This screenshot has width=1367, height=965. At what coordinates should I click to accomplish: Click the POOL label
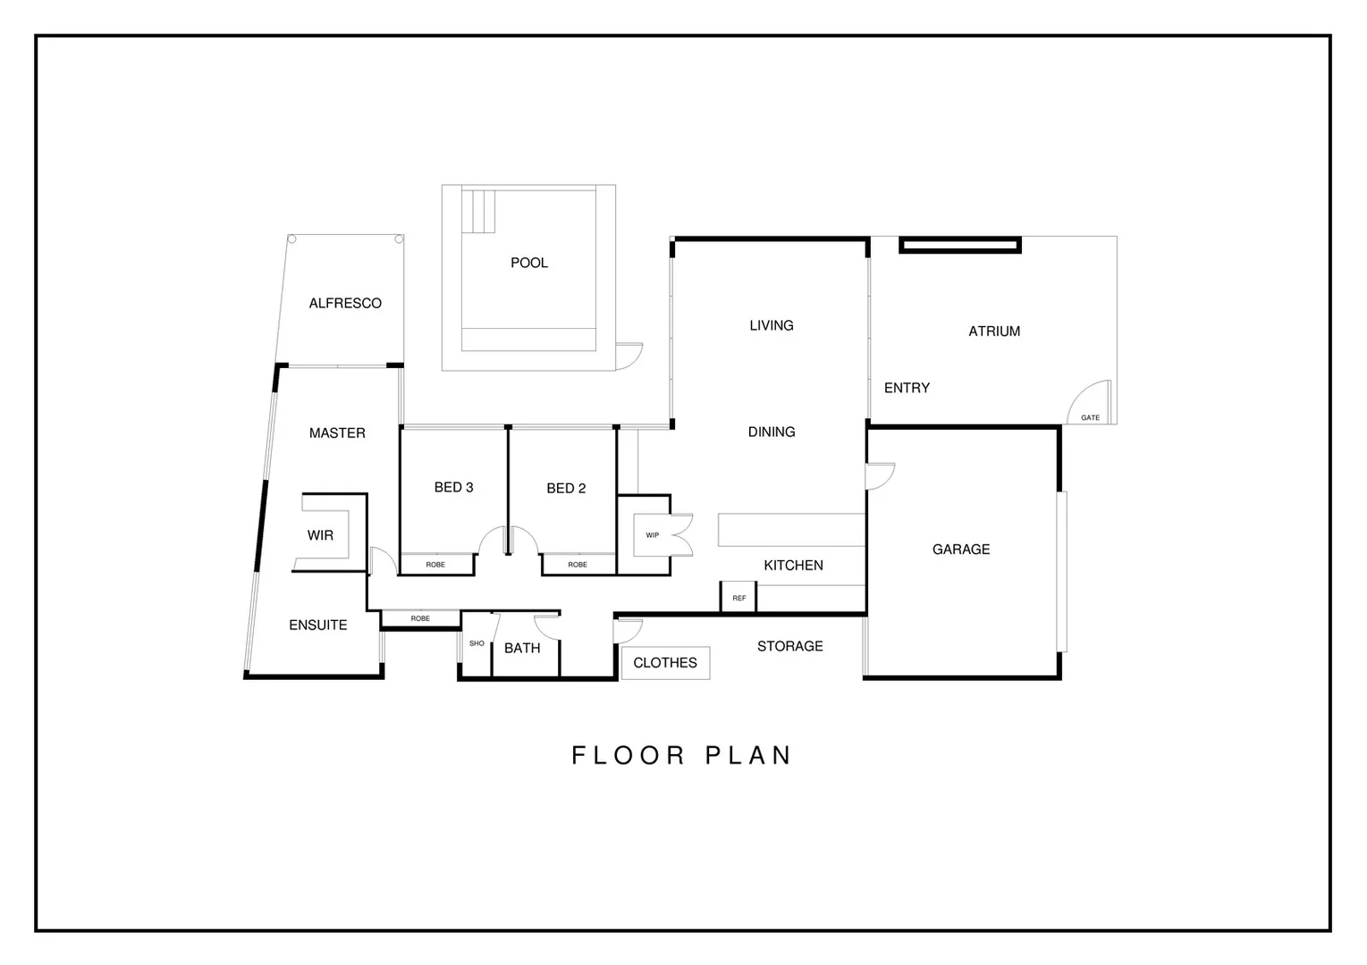pos(528,263)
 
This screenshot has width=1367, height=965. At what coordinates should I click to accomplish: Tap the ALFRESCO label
pos(345,303)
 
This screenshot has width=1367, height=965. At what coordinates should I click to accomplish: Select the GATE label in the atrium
pos(1090,417)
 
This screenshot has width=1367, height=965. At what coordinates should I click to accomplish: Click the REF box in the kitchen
pos(738,598)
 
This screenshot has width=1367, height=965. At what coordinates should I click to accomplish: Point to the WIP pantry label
pos(652,535)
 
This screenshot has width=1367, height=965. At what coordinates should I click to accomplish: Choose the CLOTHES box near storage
pos(665,663)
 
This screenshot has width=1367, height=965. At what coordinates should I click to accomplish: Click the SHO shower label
pos(477,643)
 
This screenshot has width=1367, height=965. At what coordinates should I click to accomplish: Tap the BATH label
pos(522,648)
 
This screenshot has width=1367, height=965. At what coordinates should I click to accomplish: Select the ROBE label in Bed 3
pos(435,565)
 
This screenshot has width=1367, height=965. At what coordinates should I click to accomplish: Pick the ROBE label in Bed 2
pos(578,565)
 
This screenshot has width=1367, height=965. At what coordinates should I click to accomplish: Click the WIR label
pos(320,535)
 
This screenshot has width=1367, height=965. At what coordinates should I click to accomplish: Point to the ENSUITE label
pos(318,625)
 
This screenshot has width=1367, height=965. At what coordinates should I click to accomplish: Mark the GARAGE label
pos(961,550)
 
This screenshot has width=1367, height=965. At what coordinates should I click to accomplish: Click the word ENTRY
pos(907,388)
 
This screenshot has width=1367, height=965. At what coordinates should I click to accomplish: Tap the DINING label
pos(772,432)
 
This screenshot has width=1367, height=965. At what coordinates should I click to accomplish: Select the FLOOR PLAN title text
pos(682,755)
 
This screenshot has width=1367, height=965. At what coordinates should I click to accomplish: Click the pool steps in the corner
pos(478,211)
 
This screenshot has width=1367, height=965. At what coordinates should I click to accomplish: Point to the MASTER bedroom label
pos(337,432)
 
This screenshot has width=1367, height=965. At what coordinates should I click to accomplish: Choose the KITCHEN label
pos(793,565)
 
